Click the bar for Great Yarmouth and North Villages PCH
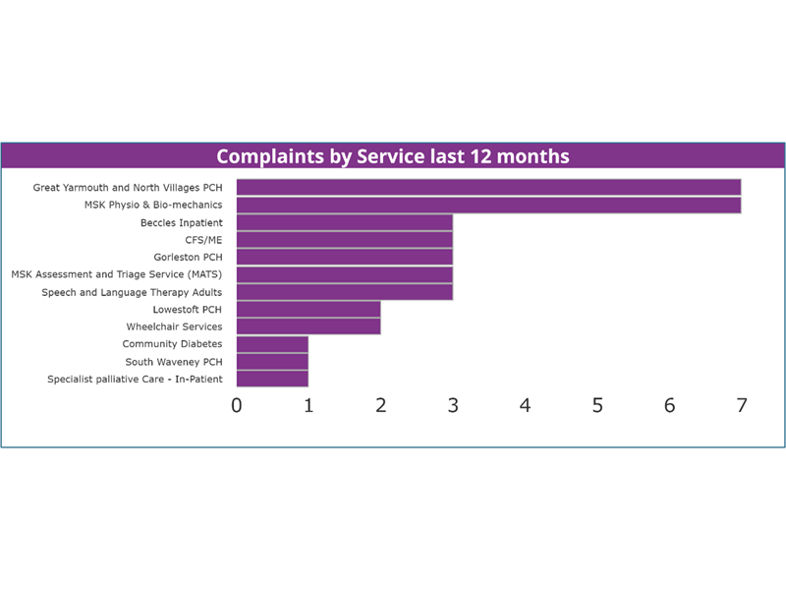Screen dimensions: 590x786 pyautogui.click(x=488, y=187)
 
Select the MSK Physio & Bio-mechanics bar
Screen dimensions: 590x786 pyautogui.click(x=488, y=205)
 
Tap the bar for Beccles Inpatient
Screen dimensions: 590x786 pyautogui.click(x=344, y=222)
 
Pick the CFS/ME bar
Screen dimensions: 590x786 pyautogui.click(x=344, y=240)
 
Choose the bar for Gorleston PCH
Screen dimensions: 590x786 pyautogui.click(x=344, y=257)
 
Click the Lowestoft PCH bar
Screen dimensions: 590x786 pyautogui.click(x=309, y=310)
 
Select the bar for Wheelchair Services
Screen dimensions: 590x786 pyautogui.click(x=309, y=326)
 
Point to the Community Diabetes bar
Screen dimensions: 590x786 pyautogui.click(x=272, y=344)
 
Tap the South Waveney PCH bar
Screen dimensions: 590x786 pyautogui.click(x=272, y=362)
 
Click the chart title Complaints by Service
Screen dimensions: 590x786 pyautogui.click(x=393, y=156)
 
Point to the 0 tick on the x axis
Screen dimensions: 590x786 pyautogui.click(x=237, y=405)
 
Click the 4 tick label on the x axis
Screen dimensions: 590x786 pyautogui.click(x=526, y=405)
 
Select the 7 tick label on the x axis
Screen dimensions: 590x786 pyautogui.click(x=742, y=405)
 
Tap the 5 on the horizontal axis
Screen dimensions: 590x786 pyautogui.click(x=597, y=405)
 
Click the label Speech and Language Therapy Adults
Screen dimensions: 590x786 pyautogui.click(x=132, y=292)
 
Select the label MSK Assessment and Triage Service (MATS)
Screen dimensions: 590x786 pyautogui.click(x=116, y=274)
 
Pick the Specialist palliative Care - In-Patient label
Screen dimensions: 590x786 pyautogui.click(x=135, y=379)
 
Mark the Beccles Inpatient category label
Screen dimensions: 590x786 pyautogui.click(x=181, y=222)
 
